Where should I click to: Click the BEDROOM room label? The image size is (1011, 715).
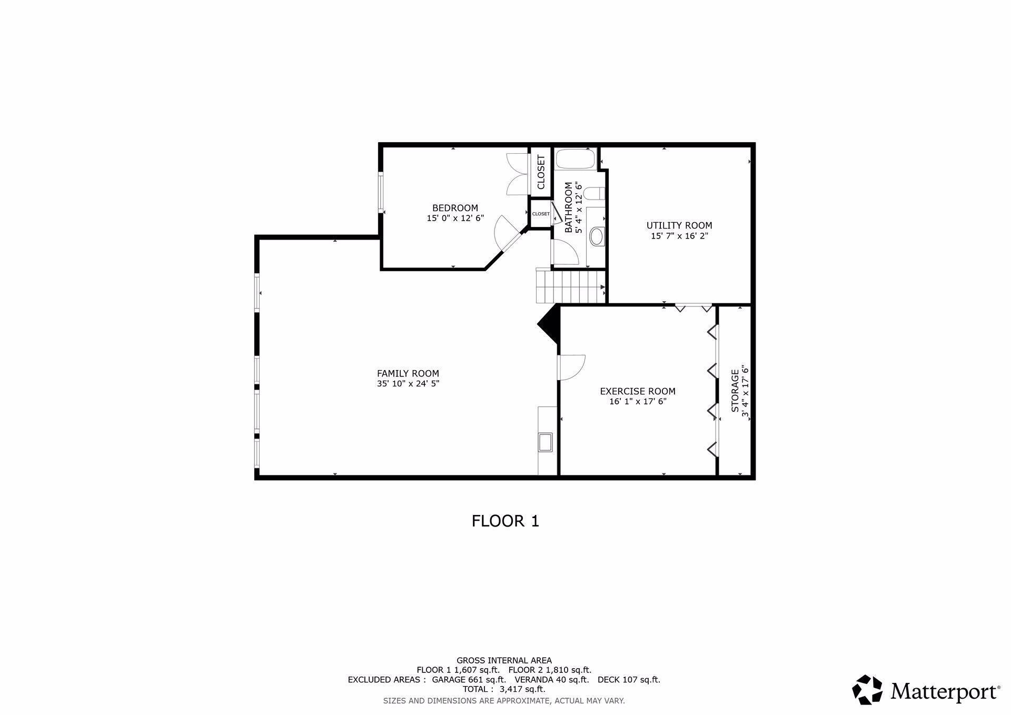pos(455,208)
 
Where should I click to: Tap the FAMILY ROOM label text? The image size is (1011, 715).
pos(408,374)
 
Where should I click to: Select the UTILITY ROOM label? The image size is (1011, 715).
pos(679,226)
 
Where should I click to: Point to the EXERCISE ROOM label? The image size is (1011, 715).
pos(638,391)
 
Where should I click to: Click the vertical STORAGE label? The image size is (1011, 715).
pos(735,391)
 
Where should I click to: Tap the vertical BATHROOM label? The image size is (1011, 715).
pos(569,207)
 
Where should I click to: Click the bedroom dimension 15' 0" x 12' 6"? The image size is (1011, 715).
pos(455,218)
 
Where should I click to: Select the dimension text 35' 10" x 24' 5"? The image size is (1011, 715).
pos(408,384)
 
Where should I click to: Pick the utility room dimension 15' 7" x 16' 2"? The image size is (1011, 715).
pos(679,236)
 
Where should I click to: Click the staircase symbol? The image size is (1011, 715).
pos(571,286)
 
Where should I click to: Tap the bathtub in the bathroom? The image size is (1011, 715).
pos(576,158)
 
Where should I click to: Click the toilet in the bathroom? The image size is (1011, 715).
pos(596,194)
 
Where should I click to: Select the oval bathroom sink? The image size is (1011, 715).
pos(597,236)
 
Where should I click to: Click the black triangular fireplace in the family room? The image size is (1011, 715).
pos(548,324)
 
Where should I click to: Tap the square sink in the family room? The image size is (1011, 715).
pos(545,442)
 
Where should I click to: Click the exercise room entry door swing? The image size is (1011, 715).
pos(572,367)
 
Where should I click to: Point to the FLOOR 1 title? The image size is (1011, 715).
pos(506,521)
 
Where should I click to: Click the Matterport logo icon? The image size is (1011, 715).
pos(867,689)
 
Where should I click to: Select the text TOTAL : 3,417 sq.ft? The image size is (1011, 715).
pos(504,689)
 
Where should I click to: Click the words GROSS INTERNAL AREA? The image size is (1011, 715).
pos(504,660)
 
